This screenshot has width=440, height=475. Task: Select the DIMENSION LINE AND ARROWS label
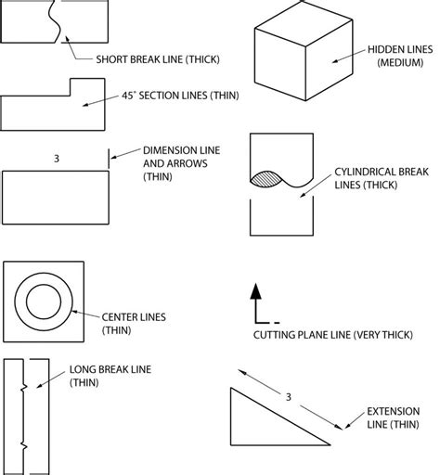(174, 162)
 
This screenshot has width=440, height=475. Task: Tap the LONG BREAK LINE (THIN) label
(110, 377)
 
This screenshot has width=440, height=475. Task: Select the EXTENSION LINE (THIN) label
(392, 418)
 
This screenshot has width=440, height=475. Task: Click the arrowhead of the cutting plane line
(255, 290)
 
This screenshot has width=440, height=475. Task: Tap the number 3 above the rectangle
(58, 160)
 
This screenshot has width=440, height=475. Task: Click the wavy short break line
(60, 20)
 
